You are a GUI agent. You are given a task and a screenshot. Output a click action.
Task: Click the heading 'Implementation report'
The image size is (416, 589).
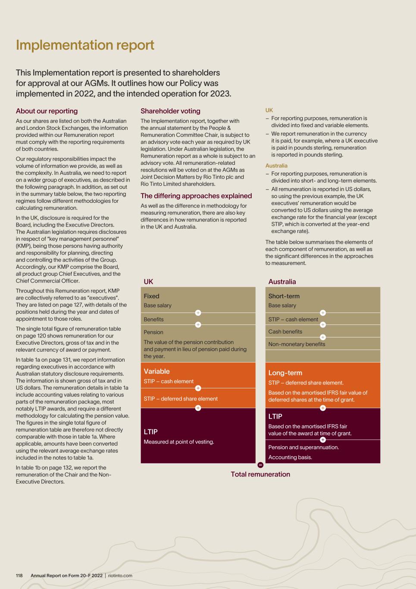click(x=85, y=45)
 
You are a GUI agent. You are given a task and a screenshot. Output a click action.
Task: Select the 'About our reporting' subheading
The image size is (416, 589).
click(x=47, y=111)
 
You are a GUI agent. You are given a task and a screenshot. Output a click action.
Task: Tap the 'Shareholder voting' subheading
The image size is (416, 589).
click(x=170, y=111)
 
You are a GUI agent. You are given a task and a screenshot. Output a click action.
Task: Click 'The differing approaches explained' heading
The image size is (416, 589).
click(x=196, y=195)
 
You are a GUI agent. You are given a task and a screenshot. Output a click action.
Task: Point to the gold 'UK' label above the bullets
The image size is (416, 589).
click(x=269, y=110)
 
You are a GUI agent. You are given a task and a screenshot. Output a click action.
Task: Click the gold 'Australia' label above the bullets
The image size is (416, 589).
click(x=276, y=166)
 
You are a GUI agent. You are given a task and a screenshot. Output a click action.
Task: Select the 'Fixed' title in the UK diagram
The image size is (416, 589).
click(x=151, y=296)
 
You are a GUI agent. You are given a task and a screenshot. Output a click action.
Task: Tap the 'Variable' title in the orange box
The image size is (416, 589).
click(x=156, y=371)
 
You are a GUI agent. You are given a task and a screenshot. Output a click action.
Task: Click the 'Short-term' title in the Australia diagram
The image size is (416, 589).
click(x=284, y=296)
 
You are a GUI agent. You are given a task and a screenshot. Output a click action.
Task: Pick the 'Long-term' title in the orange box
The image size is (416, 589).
click(x=285, y=373)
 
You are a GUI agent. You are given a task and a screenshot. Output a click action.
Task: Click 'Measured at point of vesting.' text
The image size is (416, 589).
click(x=178, y=442)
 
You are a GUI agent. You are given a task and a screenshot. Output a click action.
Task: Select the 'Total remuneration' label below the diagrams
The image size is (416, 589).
click(x=260, y=474)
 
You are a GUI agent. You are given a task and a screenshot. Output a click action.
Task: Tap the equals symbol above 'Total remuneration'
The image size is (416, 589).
click(x=260, y=465)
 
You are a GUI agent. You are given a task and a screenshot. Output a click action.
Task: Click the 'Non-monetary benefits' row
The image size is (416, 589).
click(x=297, y=344)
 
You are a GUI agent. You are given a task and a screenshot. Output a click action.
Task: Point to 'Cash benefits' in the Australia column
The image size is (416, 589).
click(x=285, y=331)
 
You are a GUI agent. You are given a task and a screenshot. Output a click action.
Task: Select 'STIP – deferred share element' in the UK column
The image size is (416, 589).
click(x=181, y=399)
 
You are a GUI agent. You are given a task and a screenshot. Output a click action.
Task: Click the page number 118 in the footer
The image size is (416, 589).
click(x=19, y=576)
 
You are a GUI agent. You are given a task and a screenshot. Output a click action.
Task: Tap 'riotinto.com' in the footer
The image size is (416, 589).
click(x=120, y=576)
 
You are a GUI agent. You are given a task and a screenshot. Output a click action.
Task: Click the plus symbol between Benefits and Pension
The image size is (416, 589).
click(x=198, y=325)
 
